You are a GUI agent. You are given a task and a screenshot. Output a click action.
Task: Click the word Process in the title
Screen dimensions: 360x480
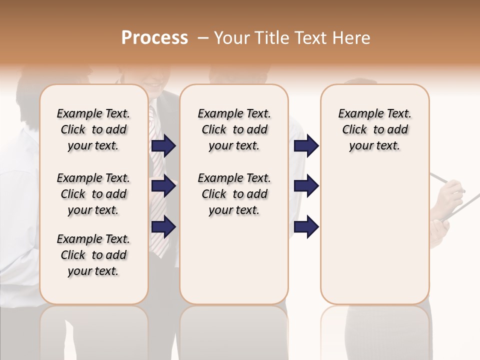point(154,38)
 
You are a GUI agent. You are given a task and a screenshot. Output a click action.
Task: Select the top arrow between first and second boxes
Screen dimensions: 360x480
point(163,146)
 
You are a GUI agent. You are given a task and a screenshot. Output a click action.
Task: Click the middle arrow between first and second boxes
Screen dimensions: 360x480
point(163,186)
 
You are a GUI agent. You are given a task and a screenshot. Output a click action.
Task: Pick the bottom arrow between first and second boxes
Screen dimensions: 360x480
point(163,226)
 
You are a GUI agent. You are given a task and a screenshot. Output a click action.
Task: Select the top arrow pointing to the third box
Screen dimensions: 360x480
point(306,146)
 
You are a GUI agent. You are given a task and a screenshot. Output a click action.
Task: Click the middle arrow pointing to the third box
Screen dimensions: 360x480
point(306,186)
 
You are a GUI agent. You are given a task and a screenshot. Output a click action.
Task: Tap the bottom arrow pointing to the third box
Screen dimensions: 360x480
point(306,226)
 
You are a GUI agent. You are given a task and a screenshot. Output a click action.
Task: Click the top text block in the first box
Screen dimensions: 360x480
point(93,129)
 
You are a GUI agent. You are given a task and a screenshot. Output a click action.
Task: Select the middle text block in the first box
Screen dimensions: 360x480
point(93,194)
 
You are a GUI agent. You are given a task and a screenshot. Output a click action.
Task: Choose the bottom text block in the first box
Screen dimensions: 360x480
point(93,255)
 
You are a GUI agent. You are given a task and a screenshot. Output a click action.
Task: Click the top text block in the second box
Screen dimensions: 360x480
point(234,129)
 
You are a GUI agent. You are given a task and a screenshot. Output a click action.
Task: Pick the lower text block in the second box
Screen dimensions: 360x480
point(234,194)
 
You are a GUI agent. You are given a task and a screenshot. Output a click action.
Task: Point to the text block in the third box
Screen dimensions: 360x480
point(374,129)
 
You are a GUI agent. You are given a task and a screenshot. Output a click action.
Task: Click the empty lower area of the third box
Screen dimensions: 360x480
point(374,240)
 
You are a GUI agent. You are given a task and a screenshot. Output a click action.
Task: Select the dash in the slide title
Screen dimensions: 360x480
point(203,38)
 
